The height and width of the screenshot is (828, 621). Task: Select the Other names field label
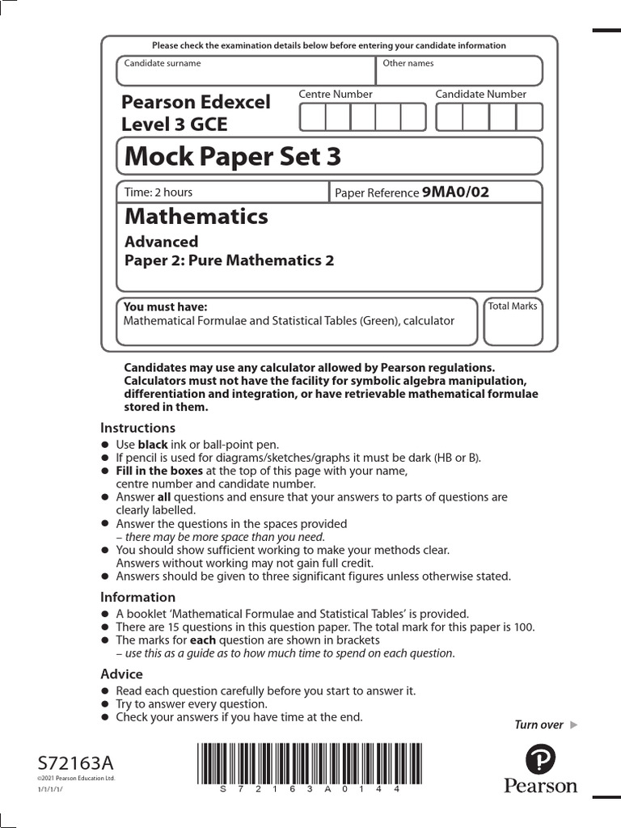tap(408, 63)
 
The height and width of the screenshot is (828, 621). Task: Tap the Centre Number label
tap(336, 95)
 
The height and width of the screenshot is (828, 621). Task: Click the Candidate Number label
tap(480, 95)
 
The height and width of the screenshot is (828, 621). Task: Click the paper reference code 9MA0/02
tap(455, 192)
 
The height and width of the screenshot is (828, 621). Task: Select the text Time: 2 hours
tap(158, 192)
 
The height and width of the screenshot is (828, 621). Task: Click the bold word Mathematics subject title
tap(196, 217)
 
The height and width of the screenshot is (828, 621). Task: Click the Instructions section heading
tap(137, 428)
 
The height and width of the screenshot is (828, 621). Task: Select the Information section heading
tap(137, 598)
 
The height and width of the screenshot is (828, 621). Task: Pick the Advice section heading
tap(121, 674)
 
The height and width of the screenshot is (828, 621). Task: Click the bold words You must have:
tap(165, 306)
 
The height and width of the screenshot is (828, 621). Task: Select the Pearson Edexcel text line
tap(196, 103)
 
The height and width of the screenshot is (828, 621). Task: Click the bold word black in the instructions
tap(153, 445)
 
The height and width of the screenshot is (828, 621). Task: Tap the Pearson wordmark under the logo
tap(540, 786)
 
